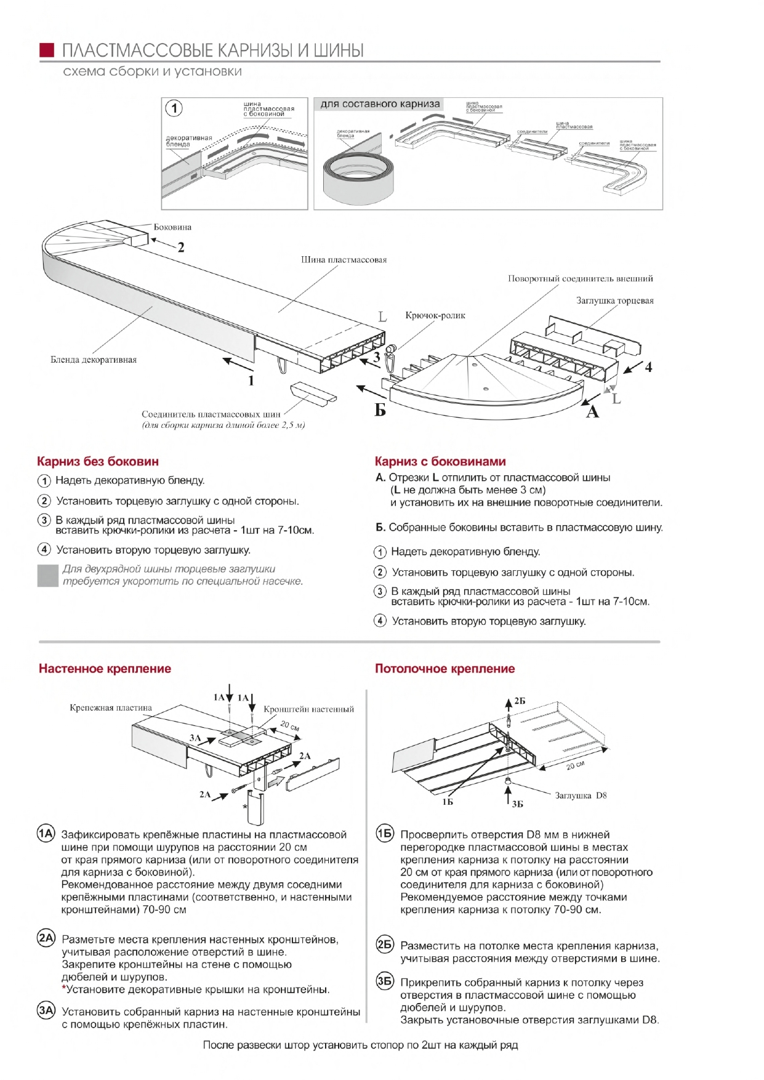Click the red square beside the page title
tap(47, 50)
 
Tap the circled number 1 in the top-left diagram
tap(174, 108)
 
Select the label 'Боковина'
tap(172, 227)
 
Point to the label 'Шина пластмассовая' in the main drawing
tap(344, 260)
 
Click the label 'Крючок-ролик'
tap(435, 315)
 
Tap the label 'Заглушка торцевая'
tap(614, 300)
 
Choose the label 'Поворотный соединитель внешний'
tap(580, 278)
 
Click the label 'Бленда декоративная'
tap(94, 360)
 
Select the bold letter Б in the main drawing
tap(380, 409)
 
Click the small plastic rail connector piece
tap(313, 392)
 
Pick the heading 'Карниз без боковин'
tap(98, 461)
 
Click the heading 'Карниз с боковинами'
tap(440, 461)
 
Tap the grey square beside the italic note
tap(47, 575)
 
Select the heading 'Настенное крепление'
tap(105, 669)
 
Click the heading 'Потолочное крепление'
tap(444, 669)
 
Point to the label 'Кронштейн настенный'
tap(308, 709)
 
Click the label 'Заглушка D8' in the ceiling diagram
tap(581, 796)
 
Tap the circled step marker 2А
tap(46, 938)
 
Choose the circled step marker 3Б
tap(385, 981)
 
